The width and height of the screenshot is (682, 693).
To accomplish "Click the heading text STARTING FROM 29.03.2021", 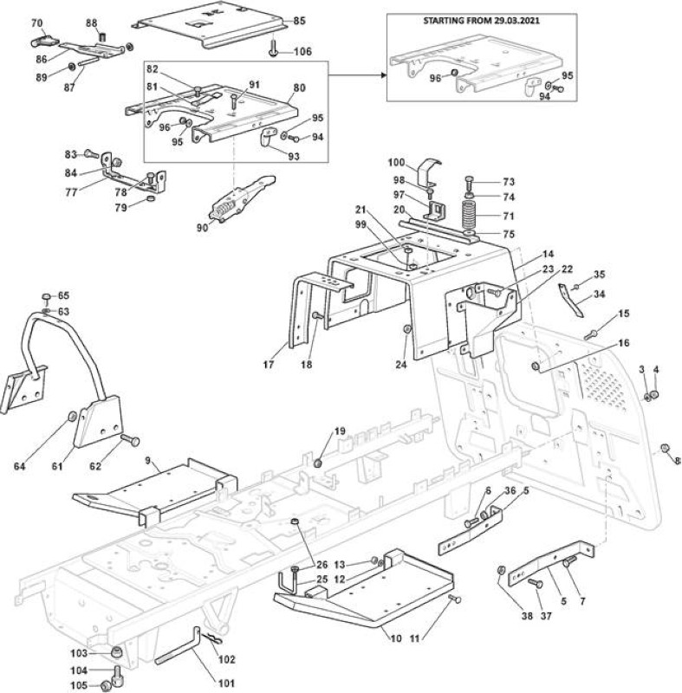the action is coord(481,20).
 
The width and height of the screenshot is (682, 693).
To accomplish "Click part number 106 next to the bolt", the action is coord(302,52).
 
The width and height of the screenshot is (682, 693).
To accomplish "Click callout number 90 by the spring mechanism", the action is coord(203,228).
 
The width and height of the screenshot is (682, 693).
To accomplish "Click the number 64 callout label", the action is coord(19,466).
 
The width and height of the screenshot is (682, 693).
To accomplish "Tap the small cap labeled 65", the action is coord(47,295).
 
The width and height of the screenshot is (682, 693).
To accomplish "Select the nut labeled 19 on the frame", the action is coord(317,463).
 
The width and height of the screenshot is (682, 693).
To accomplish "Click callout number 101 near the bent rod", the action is coord(226,683).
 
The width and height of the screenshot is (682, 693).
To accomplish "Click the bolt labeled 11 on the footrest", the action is coord(455,599).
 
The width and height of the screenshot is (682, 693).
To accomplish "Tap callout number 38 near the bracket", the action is coord(527,615).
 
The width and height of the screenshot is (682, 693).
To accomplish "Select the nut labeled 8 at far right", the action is coord(664,448).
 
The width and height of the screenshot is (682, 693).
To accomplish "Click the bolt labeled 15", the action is coord(590,334).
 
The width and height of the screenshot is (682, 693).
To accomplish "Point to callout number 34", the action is coord(600,294).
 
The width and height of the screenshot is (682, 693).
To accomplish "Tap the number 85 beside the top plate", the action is coord(299,21).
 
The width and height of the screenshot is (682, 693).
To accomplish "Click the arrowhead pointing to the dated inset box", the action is coord(384,75).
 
